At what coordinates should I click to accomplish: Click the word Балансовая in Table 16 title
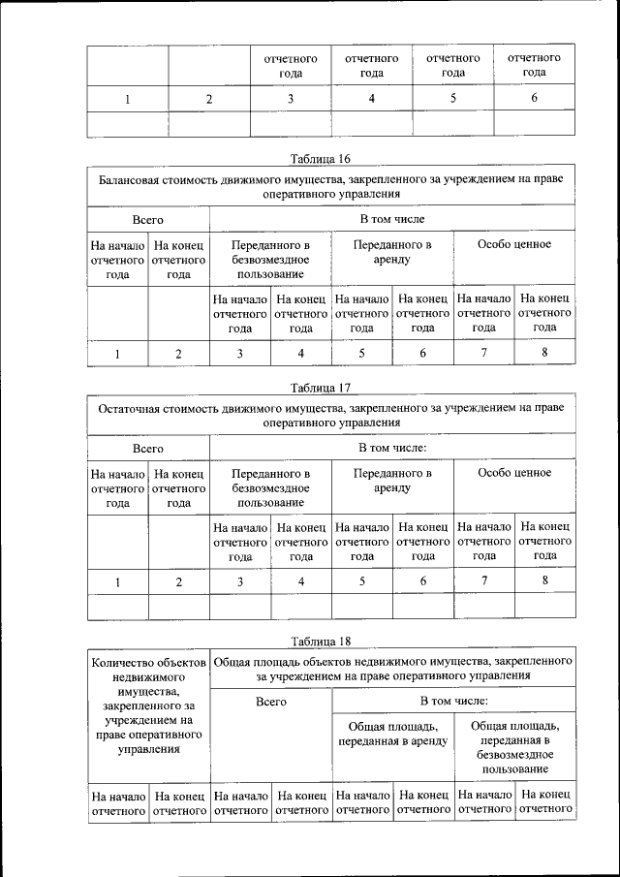133,179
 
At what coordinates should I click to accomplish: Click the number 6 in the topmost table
534,98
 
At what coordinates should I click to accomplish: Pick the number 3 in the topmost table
291,98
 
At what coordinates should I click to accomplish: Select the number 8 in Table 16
544,353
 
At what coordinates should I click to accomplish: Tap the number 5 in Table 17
361,581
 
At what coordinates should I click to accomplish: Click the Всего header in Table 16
147,220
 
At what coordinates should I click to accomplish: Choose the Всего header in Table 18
270,701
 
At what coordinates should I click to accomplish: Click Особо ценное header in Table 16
514,244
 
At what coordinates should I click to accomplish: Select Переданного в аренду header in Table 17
392,481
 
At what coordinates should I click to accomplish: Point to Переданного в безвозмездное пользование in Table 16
270,260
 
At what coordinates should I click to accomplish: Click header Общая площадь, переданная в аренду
392,734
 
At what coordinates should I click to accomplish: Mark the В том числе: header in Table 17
392,449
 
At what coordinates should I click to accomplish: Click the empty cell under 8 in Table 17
544,608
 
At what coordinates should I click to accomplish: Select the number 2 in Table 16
178,353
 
